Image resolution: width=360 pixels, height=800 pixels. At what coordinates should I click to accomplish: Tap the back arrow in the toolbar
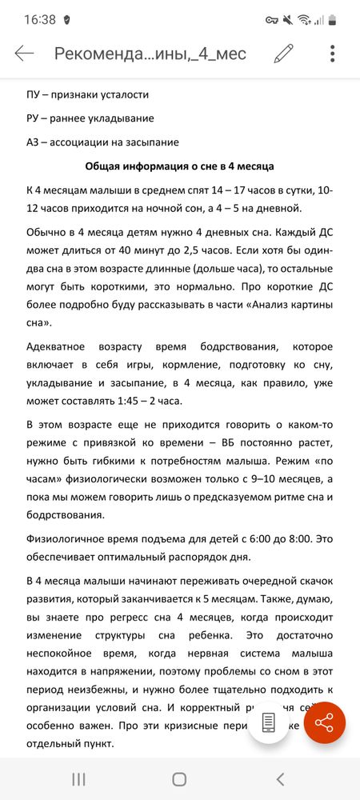[x=24, y=54]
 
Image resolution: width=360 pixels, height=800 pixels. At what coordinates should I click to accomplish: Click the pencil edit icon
[x=283, y=54]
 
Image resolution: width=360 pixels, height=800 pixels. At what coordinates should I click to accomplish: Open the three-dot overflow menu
[x=332, y=54]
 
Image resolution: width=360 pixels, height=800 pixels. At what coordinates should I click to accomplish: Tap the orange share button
[x=324, y=723]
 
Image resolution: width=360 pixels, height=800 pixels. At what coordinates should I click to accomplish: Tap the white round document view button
[x=269, y=723]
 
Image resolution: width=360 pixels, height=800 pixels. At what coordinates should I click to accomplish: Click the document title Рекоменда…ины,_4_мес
[x=150, y=54]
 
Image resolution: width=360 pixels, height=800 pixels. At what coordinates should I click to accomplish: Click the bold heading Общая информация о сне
[x=179, y=166]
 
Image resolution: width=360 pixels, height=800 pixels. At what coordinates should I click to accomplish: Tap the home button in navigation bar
[x=179, y=778]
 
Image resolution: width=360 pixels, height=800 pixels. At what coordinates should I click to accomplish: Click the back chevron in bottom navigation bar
[x=280, y=778]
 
